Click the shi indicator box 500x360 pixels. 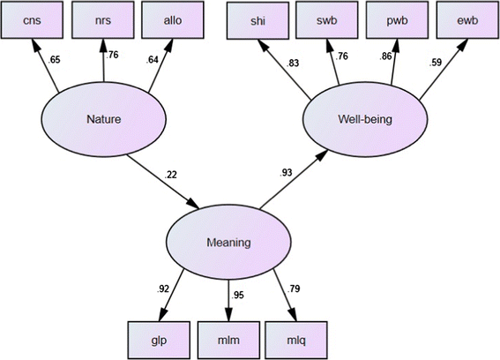tap(258, 22)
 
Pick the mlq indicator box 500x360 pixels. tap(302, 339)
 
